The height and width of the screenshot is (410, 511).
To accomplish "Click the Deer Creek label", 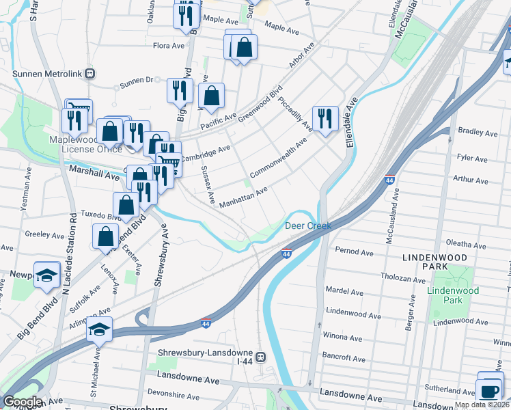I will [307, 225].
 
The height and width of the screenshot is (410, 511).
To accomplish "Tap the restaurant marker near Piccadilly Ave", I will [326, 118].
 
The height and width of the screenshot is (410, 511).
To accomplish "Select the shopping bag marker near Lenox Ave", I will [107, 236].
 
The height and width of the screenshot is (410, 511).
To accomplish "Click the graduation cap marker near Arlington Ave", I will [100, 329].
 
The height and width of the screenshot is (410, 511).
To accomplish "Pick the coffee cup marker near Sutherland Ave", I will [490, 389].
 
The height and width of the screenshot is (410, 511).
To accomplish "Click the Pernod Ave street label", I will [355, 252].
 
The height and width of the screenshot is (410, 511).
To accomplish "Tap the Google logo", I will [22, 402].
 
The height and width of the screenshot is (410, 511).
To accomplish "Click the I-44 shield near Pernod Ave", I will [288, 254].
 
